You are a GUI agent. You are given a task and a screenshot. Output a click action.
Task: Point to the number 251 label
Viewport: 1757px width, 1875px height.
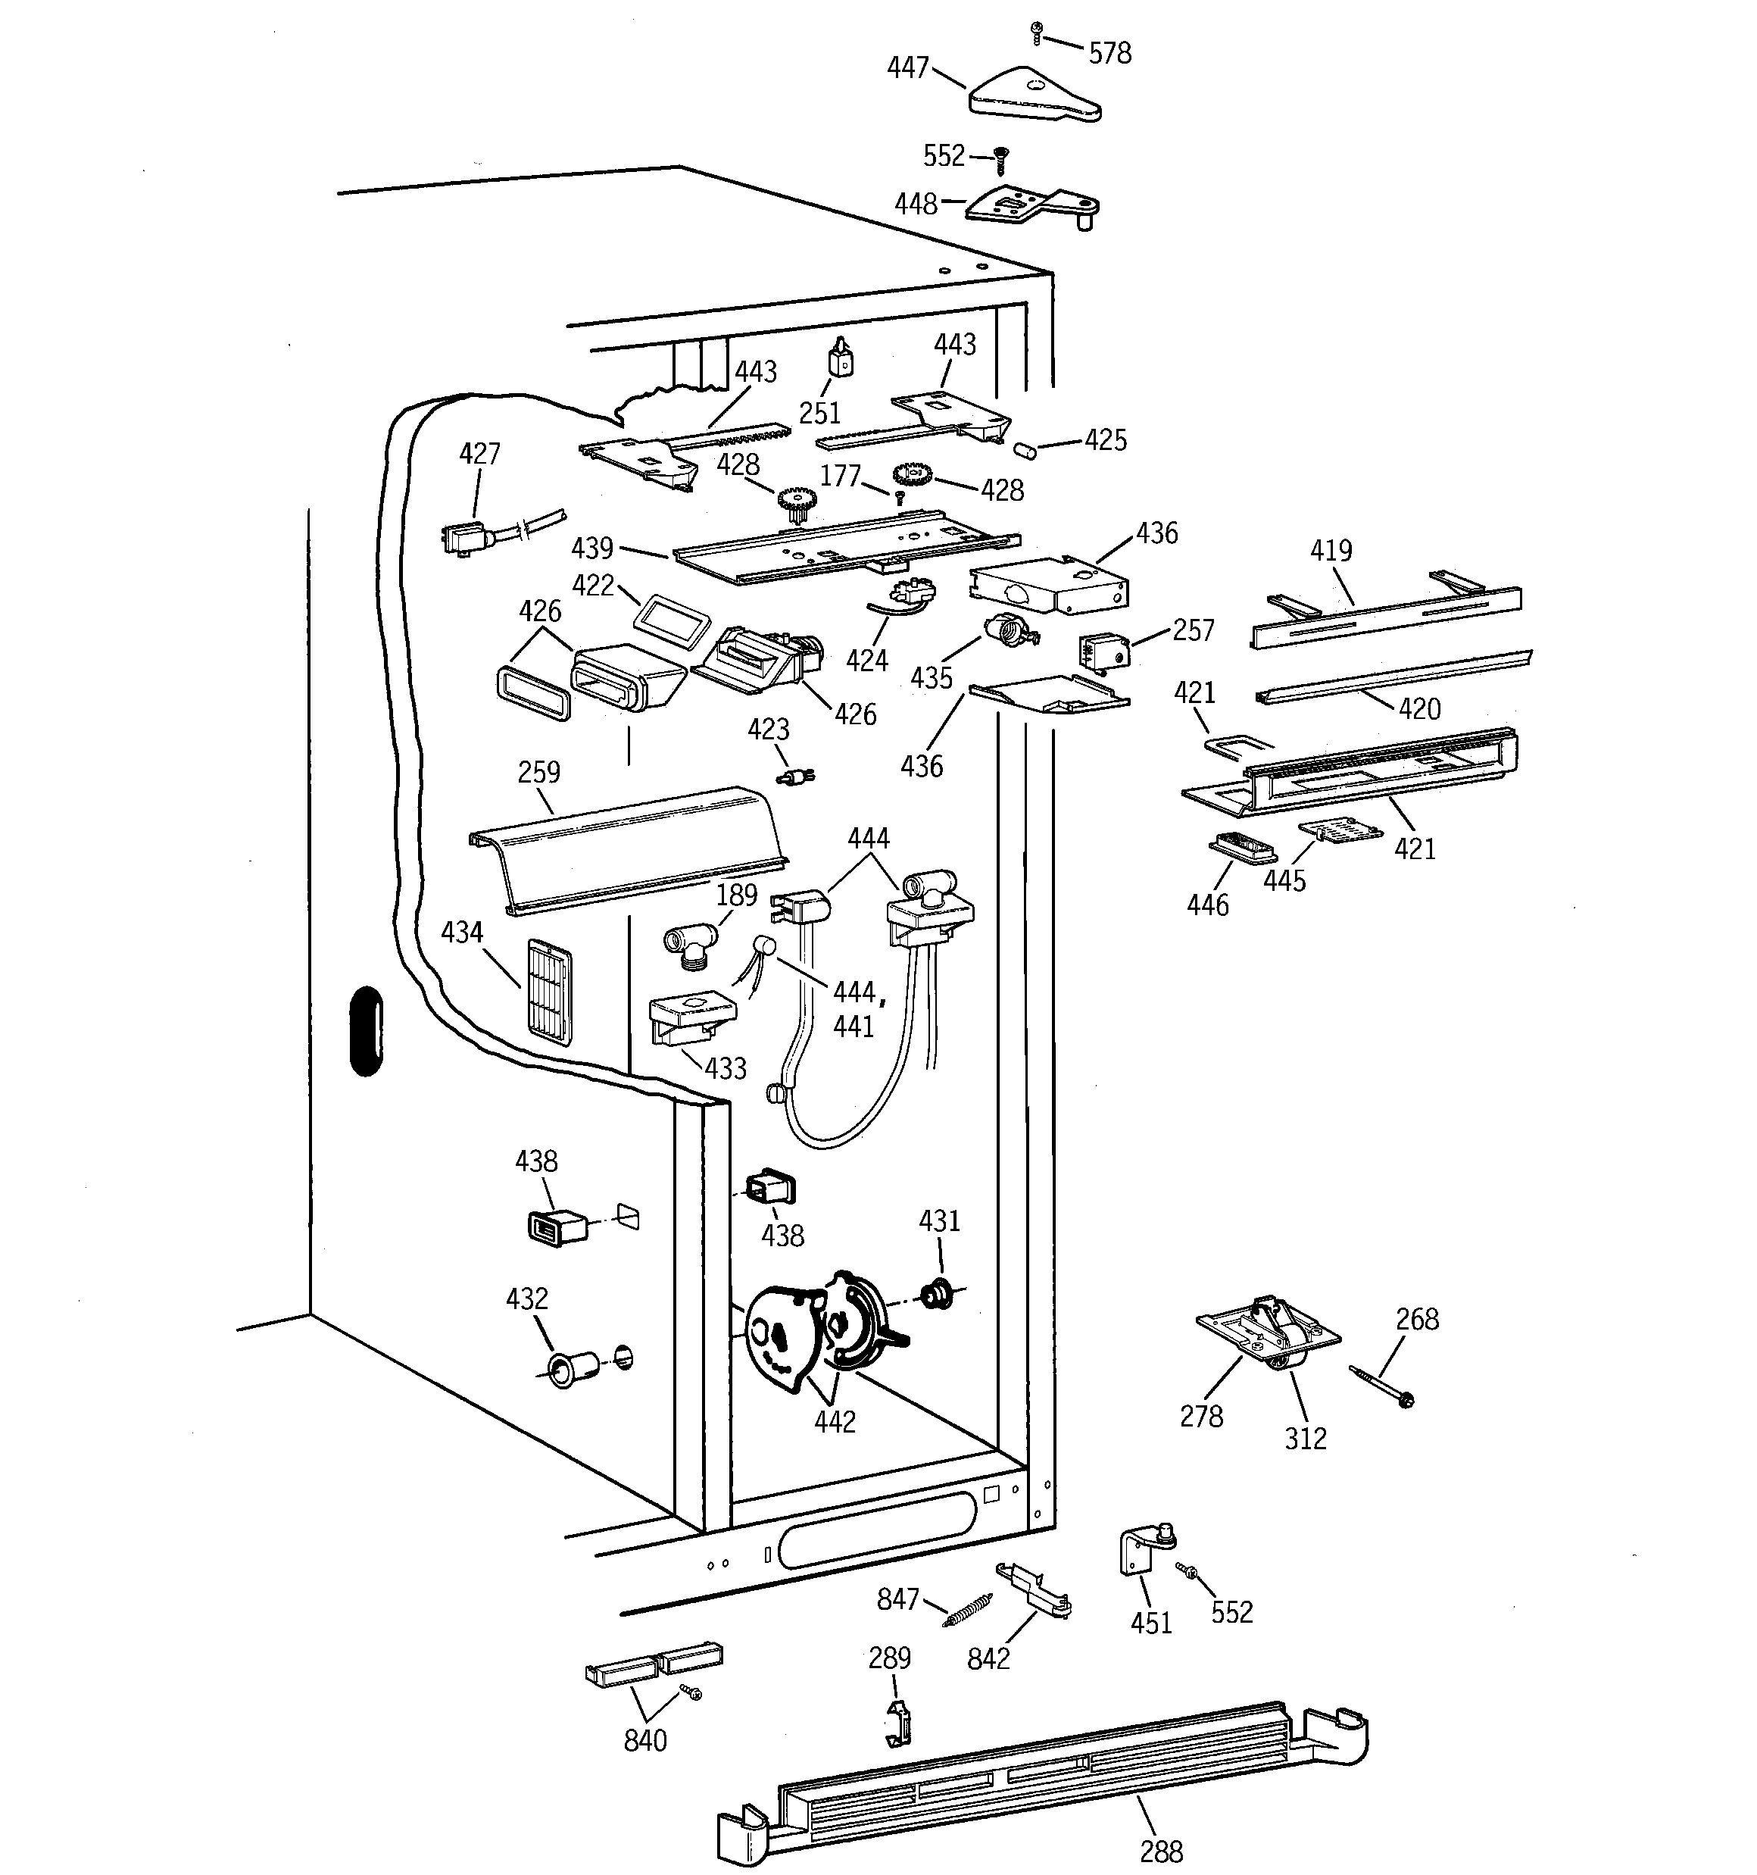819,413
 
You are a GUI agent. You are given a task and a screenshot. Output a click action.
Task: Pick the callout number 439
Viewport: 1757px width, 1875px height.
592,548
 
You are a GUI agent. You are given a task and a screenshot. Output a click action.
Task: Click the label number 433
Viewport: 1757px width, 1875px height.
726,1069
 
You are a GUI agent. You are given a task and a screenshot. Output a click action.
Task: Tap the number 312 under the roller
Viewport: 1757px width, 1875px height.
1305,1439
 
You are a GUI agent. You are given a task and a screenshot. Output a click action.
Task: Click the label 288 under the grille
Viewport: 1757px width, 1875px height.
1161,1852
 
